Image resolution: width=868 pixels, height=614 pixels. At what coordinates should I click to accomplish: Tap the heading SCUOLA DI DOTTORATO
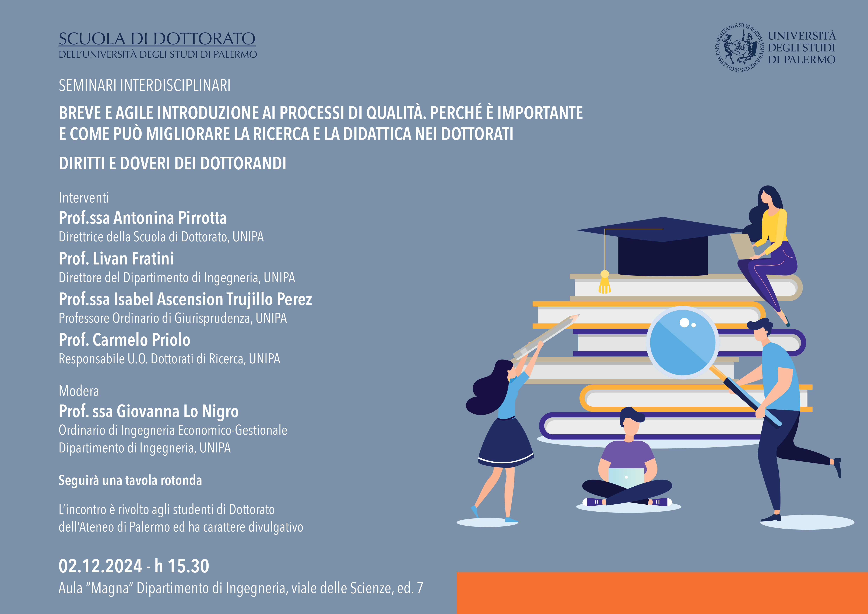click(x=157, y=39)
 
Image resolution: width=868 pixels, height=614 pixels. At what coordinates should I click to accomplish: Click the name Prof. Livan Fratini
click(x=116, y=259)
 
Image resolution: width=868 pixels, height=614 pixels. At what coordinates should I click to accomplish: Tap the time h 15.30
click(x=182, y=566)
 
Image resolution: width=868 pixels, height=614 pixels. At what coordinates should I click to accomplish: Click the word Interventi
click(x=84, y=197)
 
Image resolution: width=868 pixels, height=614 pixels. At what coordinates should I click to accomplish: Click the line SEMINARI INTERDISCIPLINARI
click(x=144, y=85)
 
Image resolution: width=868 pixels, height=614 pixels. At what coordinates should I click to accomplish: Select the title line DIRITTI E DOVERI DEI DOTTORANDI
click(x=172, y=163)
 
